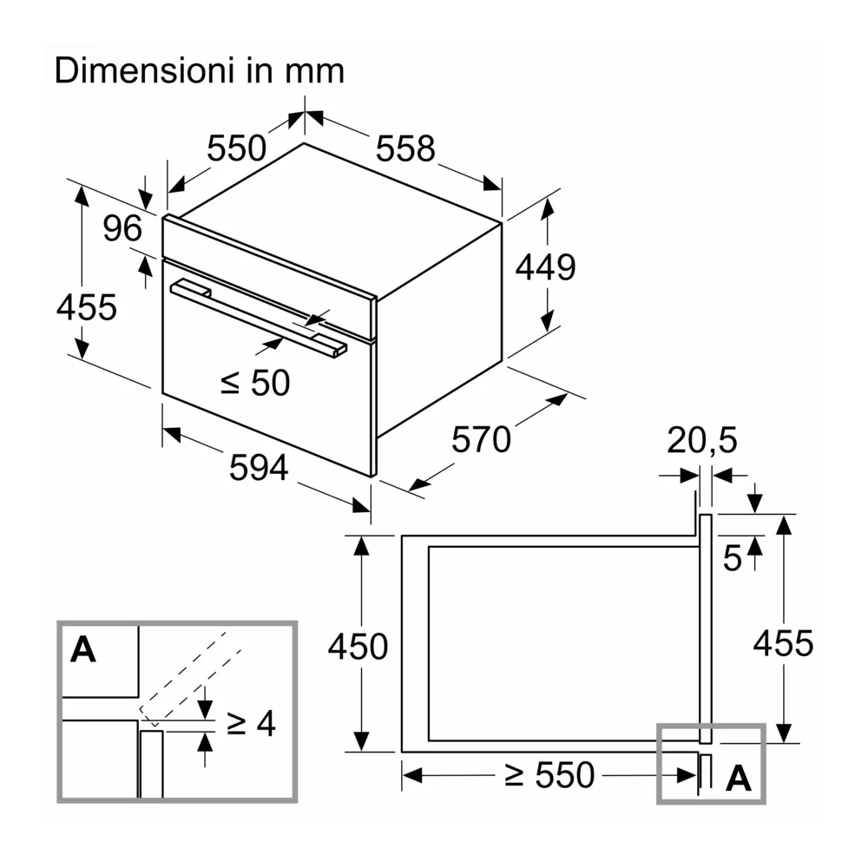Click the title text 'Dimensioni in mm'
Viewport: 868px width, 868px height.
(200, 70)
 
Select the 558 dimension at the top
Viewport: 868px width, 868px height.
(404, 149)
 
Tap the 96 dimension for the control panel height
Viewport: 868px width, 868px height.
(122, 228)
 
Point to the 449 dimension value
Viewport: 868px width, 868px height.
(545, 267)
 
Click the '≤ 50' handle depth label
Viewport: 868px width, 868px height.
(254, 382)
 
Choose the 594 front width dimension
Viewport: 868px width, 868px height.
(258, 469)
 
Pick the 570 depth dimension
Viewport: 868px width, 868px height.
(481, 440)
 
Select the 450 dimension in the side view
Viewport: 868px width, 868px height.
(357, 647)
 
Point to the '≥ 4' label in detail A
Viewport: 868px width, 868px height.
(251, 723)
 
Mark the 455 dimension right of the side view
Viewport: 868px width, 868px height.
(783, 643)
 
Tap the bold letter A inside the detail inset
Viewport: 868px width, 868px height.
(83, 649)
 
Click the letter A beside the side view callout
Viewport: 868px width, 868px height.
(738, 779)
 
